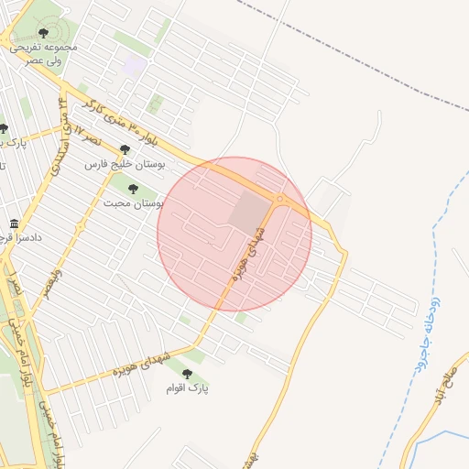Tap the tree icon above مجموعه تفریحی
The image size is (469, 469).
tap(44, 33)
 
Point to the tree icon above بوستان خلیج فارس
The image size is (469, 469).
tap(124, 149)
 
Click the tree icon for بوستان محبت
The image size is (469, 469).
tap(133, 189)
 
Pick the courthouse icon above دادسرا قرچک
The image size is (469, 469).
tap(14, 224)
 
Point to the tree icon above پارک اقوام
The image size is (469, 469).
tap(188, 374)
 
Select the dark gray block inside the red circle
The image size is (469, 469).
tap(248, 211)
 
